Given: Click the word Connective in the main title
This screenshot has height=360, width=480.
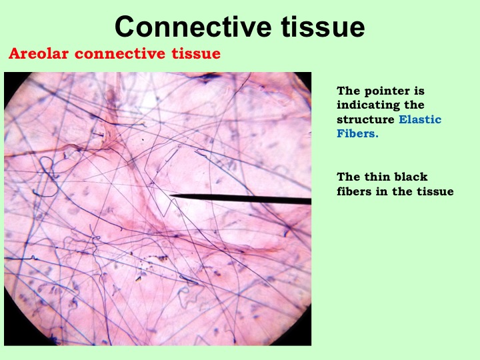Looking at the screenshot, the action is pos(193,27).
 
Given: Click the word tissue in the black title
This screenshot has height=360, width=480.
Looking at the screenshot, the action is pos(323,27).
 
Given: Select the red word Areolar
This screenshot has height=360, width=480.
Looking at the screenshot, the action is pos(39,53).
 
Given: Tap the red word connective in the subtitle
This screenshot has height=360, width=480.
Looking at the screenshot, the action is pos(120,53).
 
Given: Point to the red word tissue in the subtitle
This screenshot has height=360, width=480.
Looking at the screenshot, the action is pos(196,53).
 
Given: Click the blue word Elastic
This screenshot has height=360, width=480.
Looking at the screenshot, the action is pos(420,119).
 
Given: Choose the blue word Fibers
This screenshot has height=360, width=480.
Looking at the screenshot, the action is pos(357,133).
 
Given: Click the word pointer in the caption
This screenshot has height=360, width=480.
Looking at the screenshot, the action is pos(387,91).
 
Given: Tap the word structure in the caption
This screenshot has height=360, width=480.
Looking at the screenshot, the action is pos(365,119).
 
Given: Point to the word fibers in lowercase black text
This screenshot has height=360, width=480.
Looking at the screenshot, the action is pos(354,191).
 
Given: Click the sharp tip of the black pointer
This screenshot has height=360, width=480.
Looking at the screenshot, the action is pos(170,195).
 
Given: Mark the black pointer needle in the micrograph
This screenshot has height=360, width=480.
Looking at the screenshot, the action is pos(241,199).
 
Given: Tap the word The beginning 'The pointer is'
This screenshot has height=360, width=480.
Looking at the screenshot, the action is pos(348,91).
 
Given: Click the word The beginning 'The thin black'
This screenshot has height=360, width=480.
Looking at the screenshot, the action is pos(348,177).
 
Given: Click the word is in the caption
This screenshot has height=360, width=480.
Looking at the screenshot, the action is pos(420,91).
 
